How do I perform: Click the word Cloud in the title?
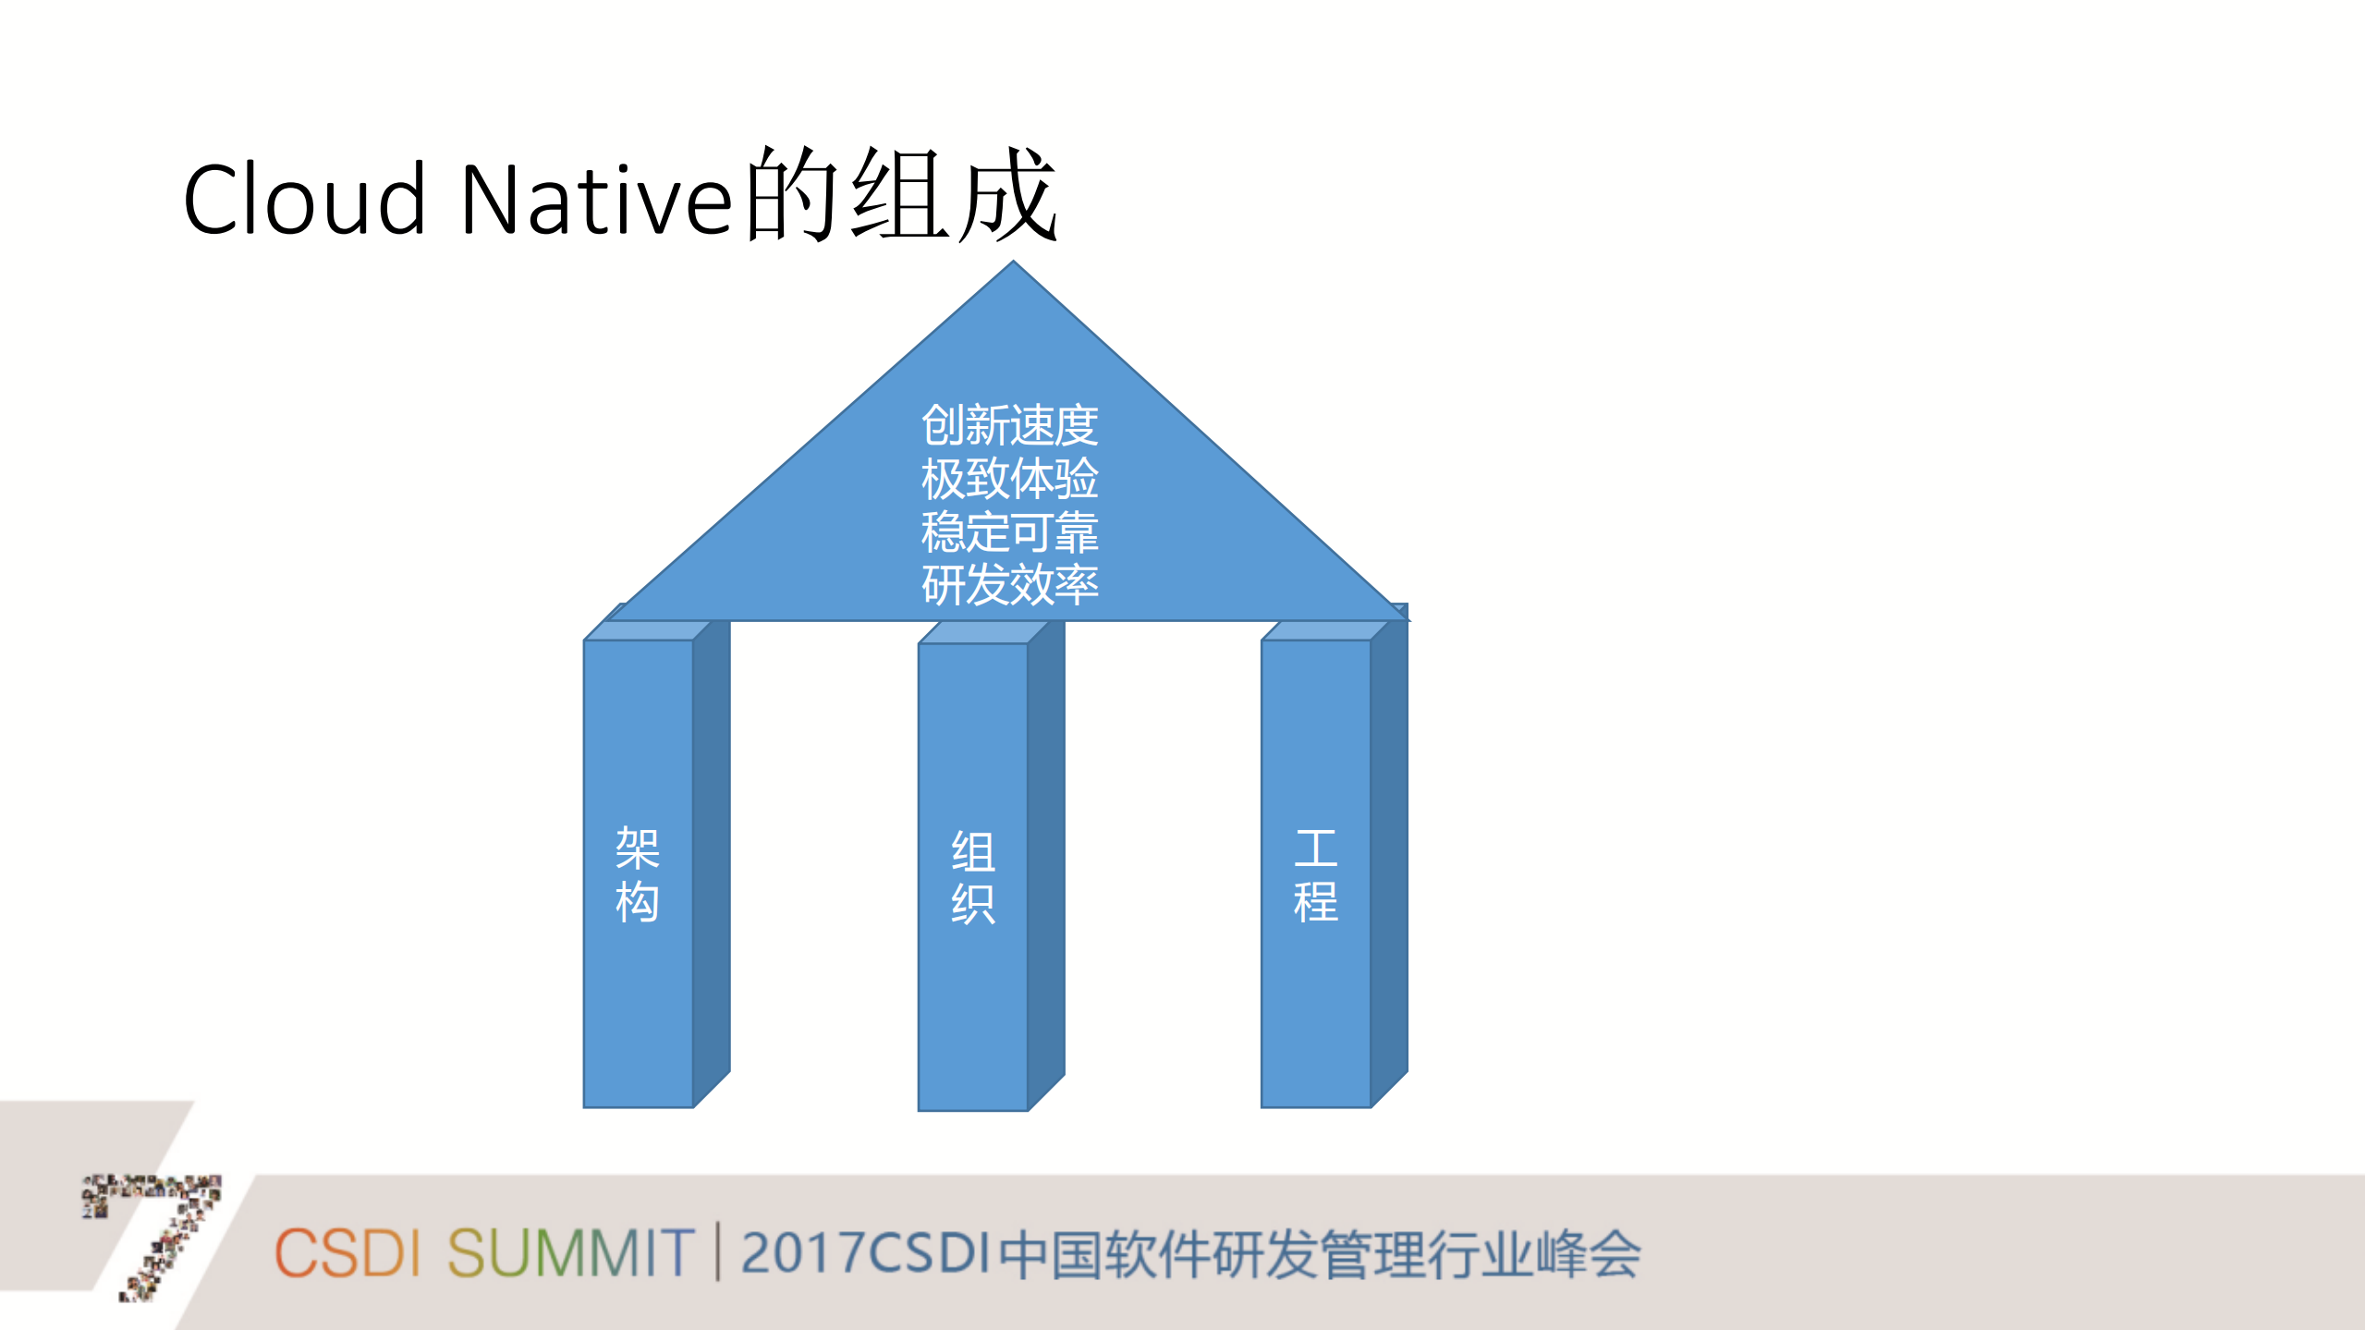click(304, 199)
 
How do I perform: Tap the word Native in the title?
click(596, 199)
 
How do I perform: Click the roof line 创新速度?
click(1009, 426)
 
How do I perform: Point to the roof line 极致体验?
click(1009, 479)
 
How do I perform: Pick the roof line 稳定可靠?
click(1009, 532)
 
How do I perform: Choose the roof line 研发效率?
click(1009, 585)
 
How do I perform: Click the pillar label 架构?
click(638, 874)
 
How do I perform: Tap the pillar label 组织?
click(973, 877)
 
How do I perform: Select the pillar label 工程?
click(1315, 875)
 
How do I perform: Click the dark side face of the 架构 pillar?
click(712, 860)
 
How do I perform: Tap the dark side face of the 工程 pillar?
click(1389, 860)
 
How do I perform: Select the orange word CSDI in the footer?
click(347, 1253)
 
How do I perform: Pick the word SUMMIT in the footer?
click(570, 1253)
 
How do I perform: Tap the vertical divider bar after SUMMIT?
click(718, 1251)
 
